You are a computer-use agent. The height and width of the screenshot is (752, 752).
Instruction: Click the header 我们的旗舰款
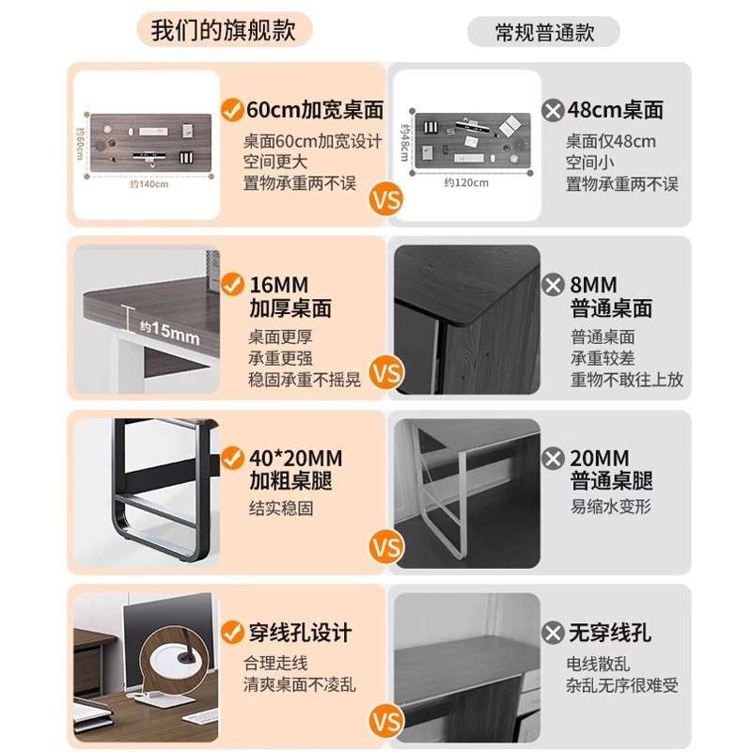[x=224, y=30]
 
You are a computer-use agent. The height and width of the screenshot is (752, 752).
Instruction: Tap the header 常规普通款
[x=543, y=32]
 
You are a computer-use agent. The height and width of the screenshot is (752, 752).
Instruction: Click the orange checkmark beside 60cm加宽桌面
[x=231, y=110]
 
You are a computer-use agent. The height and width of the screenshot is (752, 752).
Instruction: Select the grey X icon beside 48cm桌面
[x=554, y=111]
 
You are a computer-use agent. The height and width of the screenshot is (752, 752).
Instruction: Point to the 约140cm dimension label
[x=149, y=184]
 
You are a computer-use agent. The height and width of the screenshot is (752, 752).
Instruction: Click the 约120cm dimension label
[x=466, y=182]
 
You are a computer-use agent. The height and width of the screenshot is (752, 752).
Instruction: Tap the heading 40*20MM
[x=295, y=459]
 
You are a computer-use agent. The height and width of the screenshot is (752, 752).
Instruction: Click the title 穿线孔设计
[x=299, y=633]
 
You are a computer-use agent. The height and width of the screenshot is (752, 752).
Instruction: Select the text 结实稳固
[x=280, y=508]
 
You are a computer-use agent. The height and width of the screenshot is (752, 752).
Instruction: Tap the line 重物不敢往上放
[x=626, y=380]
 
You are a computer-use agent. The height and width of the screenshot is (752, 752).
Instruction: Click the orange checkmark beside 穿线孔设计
[x=231, y=632]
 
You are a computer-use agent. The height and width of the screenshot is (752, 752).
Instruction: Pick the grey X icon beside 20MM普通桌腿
[x=554, y=459]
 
